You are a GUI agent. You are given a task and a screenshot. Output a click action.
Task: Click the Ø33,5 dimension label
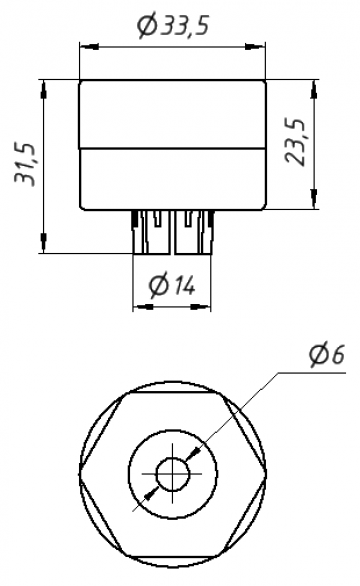point(172,26)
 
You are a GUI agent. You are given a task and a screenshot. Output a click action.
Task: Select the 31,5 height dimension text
point(25,164)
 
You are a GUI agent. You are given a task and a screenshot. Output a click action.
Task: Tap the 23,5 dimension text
point(295,142)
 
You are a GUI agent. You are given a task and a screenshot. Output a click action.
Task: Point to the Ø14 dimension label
point(172,286)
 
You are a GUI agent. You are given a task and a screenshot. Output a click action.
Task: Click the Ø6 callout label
point(327,355)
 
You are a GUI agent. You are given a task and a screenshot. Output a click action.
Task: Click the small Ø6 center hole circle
point(173,474)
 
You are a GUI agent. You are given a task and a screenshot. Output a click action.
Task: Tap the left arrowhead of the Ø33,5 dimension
point(89,47)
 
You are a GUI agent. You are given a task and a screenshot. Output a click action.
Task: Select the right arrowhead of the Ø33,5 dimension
point(256,47)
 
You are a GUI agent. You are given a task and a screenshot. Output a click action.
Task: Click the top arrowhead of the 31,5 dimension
point(44,90)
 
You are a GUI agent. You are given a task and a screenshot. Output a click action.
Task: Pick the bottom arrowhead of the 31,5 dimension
point(44,243)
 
